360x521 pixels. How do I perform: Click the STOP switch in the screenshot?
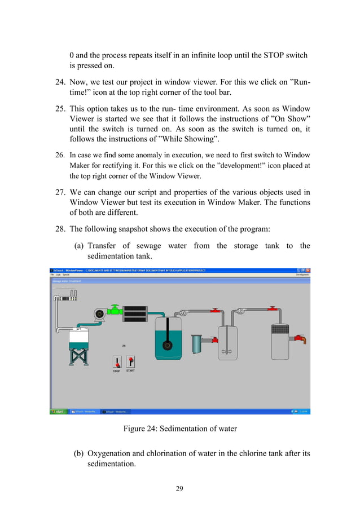point(117,362)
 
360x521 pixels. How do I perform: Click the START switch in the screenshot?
point(130,361)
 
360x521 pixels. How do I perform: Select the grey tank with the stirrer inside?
point(229,342)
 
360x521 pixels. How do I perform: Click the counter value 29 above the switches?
point(124,346)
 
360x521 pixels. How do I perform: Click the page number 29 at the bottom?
point(179,488)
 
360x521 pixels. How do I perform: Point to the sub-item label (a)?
point(80,245)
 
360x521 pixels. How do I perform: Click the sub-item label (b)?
point(80,453)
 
